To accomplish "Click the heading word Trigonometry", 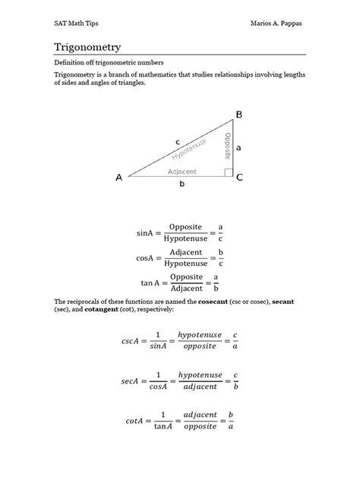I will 87,47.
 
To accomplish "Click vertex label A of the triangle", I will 118,178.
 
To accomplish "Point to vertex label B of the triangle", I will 238,115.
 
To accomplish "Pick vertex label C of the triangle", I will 239,178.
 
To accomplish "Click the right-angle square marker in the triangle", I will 229,172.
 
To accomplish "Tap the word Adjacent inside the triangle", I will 182,172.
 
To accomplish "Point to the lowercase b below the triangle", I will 182,185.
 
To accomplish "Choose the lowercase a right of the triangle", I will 238,148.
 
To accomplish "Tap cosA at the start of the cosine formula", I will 146,258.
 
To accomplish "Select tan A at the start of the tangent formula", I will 150,283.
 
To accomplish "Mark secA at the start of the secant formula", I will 131,381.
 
